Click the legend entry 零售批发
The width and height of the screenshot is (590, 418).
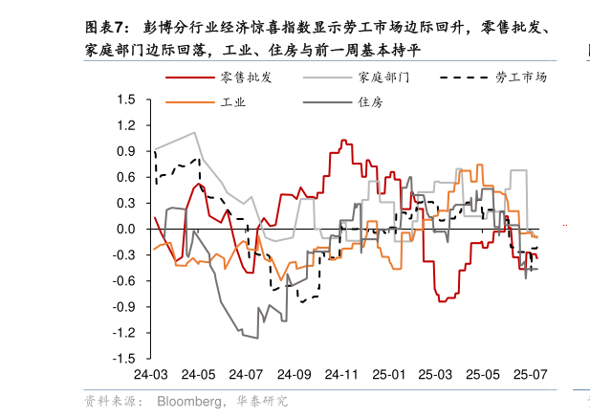tap(247, 77)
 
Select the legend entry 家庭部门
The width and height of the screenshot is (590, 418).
tap(383, 77)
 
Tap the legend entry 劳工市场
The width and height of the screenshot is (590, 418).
tap(521, 77)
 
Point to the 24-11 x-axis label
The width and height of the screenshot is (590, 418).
tap(341, 374)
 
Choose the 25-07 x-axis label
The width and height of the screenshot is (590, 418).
tap(530, 374)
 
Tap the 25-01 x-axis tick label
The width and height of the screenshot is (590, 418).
tap(389, 374)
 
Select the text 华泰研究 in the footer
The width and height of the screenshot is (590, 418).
tap(262, 401)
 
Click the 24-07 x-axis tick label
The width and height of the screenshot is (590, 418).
tap(246, 374)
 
